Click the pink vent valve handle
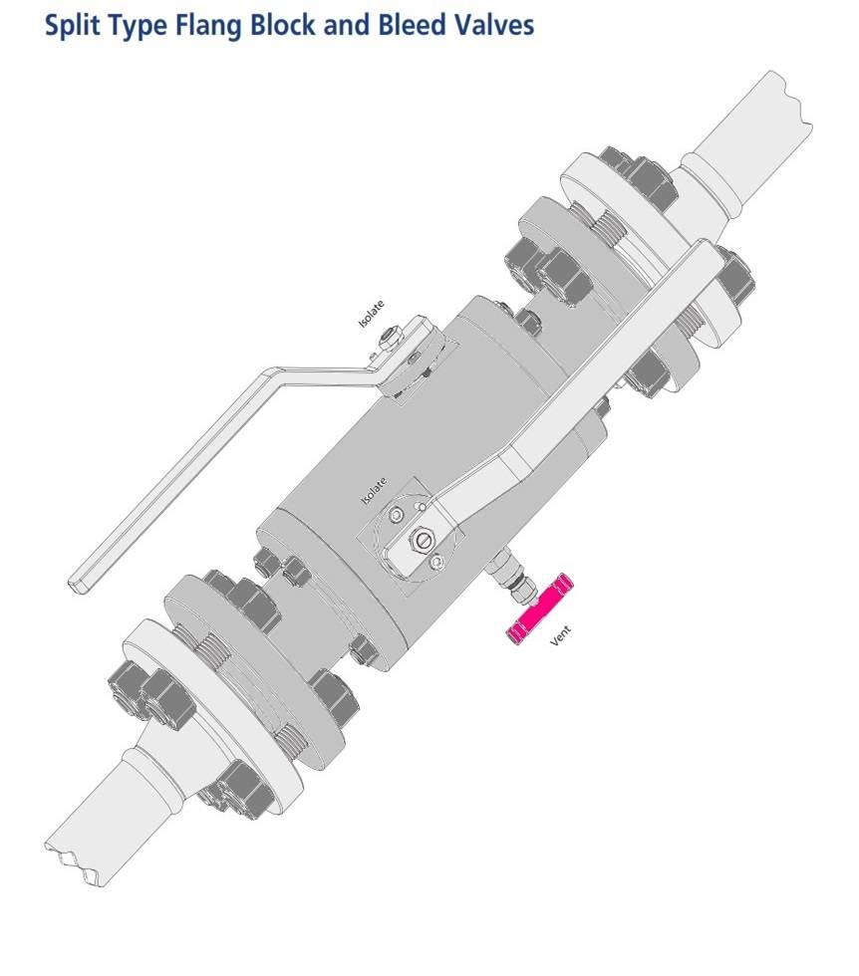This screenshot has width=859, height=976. tap(539, 609)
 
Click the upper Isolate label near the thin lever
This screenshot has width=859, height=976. tap(371, 314)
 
